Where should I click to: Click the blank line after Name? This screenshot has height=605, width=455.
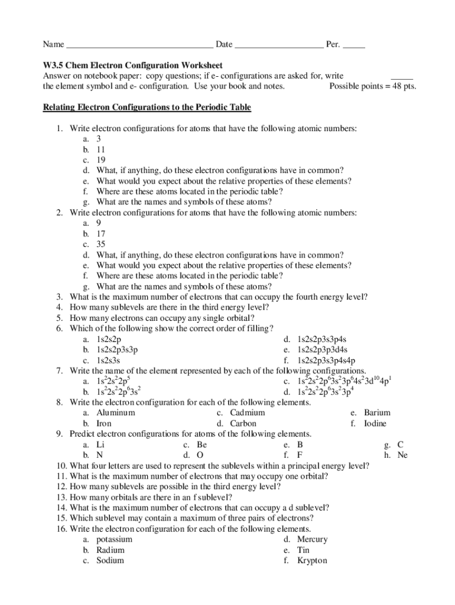pos(139,46)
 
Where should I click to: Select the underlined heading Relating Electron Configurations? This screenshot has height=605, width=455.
pos(147,108)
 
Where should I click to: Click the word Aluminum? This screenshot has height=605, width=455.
pos(116,413)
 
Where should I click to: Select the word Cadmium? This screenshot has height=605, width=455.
pos(248,413)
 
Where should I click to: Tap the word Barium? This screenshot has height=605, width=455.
pos(377,413)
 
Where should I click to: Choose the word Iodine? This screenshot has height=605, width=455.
pos(376,424)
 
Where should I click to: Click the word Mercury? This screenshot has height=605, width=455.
pos(313,539)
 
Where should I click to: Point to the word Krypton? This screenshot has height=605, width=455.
pos(312,561)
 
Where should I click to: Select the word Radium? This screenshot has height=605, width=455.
pos(110,550)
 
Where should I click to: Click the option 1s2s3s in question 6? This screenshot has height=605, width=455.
pos(109,360)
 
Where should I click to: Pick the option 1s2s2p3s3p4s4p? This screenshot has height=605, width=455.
pos(326,360)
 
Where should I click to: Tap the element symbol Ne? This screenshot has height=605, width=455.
pos(402,455)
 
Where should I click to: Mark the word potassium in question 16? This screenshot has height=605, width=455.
pos(115,539)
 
